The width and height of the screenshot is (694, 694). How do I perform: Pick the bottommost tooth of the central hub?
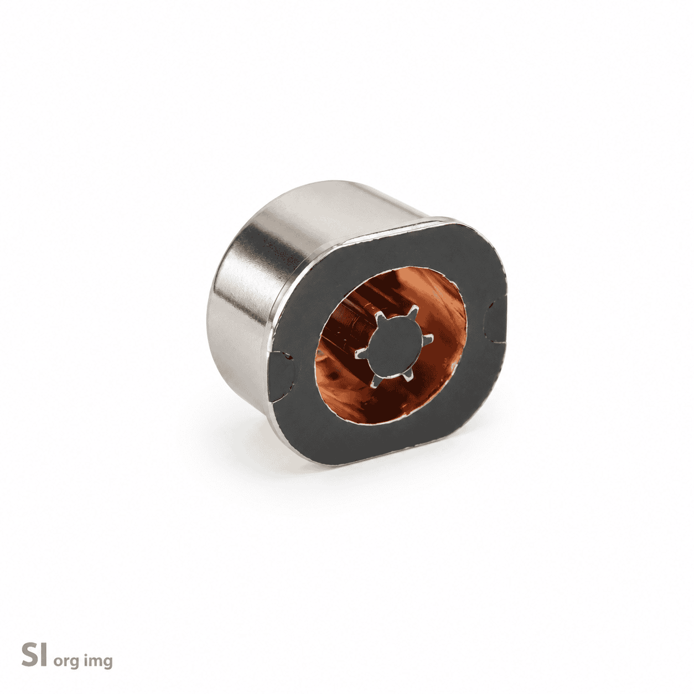tap(375, 380)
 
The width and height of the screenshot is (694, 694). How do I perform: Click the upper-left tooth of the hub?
tap(381, 318)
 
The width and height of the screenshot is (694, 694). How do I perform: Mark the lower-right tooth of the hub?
tap(406, 377)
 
